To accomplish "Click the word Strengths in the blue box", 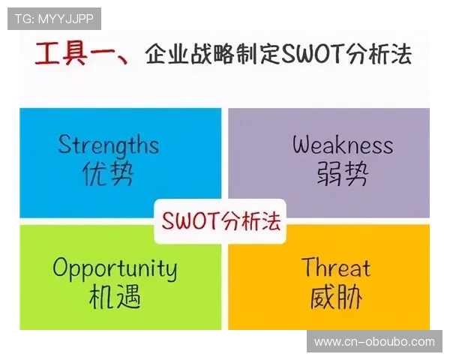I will point(109,144).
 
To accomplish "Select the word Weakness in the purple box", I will point(342,144).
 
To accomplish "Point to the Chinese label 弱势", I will point(342,174).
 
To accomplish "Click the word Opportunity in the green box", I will point(115,268).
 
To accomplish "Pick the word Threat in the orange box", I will point(335,268).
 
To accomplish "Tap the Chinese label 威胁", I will point(336,298).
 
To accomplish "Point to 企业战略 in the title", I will point(189,55).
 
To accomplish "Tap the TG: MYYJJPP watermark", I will point(54,18).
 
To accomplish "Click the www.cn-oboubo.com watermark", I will point(374,341).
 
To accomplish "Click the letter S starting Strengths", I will point(64,144).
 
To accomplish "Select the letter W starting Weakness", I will point(302,144).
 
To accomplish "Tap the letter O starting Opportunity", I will point(61,268).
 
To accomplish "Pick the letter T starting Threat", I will point(308,267).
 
